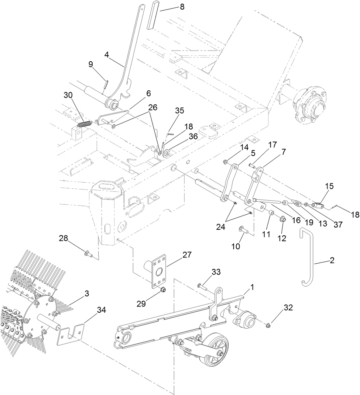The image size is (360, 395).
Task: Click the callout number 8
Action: pos(182,7)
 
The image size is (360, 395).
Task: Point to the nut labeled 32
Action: pos(268,325)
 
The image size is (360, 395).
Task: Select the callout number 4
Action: pos(107,55)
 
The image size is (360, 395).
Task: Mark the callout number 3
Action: pos(87,294)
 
